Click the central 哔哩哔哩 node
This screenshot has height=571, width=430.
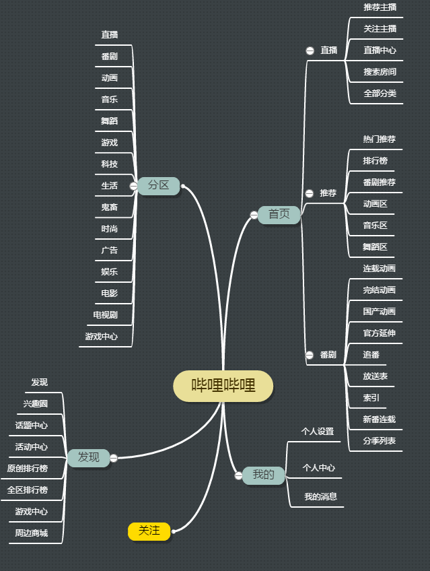pyautogui.click(x=223, y=386)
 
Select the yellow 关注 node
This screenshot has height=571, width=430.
pyautogui.click(x=149, y=531)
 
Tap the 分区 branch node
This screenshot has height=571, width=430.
pyautogui.click(x=159, y=186)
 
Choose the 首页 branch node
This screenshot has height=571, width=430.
pyautogui.click(x=279, y=215)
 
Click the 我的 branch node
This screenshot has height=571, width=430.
pyautogui.click(x=263, y=475)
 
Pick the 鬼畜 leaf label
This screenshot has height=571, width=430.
pyautogui.click(x=110, y=207)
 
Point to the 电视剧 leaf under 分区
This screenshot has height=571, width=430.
pyautogui.click(x=106, y=315)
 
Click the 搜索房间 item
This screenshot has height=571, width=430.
pyautogui.click(x=380, y=72)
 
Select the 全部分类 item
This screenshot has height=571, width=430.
pyautogui.click(x=380, y=93)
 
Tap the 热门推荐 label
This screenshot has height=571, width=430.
pyautogui.click(x=379, y=139)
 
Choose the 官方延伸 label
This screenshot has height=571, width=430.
pyautogui.click(x=379, y=333)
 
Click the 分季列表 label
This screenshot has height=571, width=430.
pyautogui.click(x=379, y=440)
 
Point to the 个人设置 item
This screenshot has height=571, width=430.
pyautogui.click(x=318, y=432)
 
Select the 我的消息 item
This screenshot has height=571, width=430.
pyautogui.click(x=320, y=496)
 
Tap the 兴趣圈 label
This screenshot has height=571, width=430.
pyautogui.click(x=35, y=404)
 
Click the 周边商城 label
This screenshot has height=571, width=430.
pyautogui.click(x=31, y=533)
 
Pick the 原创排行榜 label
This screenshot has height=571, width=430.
pyautogui.click(x=28, y=468)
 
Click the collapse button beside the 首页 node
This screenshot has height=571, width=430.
pyautogui.click(x=254, y=215)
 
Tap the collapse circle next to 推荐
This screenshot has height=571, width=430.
pyautogui.click(x=310, y=193)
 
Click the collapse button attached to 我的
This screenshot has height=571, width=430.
pyautogui.click(x=239, y=475)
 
